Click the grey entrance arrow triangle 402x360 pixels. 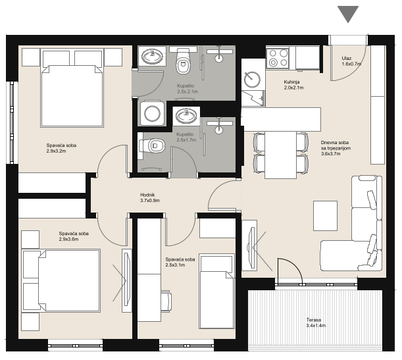pyautogui.click(x=348, y=13)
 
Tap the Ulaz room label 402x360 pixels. pyautogui.click(x=346, y=59)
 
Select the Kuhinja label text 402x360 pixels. pyautogui.click(x=291, y=82)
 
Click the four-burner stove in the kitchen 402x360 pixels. pyautogui.click(x=278, y=58)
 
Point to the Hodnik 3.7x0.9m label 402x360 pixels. pyautogui.click(x=150, y=197)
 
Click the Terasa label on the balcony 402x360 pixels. pyautogui.click(x=314, y=320)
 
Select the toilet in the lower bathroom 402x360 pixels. pyautogui.click(x=152, y=146)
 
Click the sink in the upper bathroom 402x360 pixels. pyautogui.click(x=152, y=56)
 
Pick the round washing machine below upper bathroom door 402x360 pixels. pyautogui.click(x=152, y=113)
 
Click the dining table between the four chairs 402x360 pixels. pyautogui.click(x=280, y=155)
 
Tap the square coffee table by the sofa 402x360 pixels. pyautogui.click(x=325, y=216)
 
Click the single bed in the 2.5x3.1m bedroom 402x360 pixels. pyautogui.click(x=216, y=292)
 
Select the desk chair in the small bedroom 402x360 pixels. pyautogui.click(x=166, y=301)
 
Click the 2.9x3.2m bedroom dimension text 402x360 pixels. pyautogui.click(x=57, y=151)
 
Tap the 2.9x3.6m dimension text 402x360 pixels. pyautogui.click(x=68, y=239)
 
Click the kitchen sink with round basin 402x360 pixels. pyautogui.click(x=252, y=80)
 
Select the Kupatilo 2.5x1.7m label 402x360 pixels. pyautogui.click(x=186, y=137)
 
